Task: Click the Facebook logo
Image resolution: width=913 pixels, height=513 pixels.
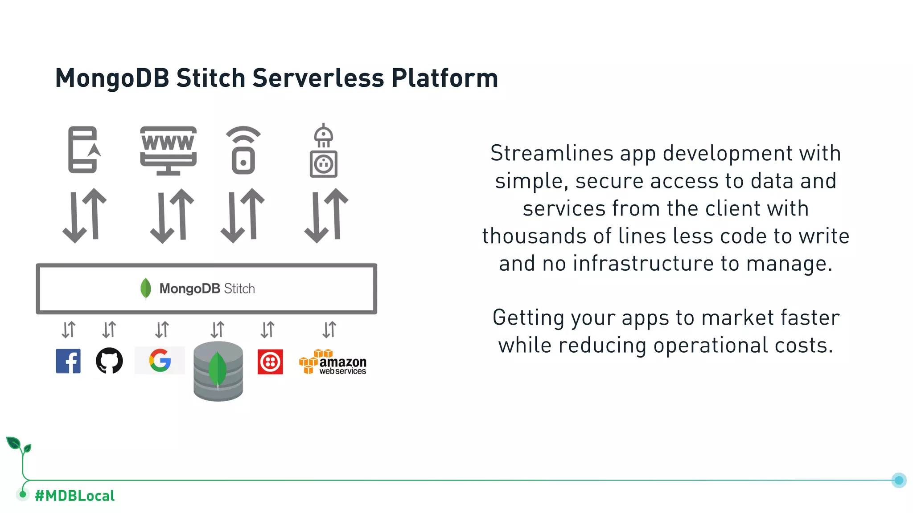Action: (68, 361)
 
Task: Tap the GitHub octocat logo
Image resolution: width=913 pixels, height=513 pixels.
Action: (109, 361)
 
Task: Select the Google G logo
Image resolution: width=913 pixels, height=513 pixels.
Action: (160, 360)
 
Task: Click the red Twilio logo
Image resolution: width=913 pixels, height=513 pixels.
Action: (270, 362)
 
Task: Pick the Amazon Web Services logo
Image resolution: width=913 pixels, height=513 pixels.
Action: (333, 362)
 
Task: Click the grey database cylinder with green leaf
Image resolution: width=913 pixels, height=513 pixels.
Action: (218, 371)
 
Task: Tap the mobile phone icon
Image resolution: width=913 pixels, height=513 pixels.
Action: (83, 150)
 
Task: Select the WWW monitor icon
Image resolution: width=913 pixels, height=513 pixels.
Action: (168, 151)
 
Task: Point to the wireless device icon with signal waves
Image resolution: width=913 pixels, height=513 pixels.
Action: (243, 151)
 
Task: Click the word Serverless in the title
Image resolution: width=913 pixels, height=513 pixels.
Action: (318, 78)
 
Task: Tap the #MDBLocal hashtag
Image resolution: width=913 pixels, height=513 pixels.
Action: (74, 496)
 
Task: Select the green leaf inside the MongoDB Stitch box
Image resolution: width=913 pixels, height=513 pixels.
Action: (145, 289)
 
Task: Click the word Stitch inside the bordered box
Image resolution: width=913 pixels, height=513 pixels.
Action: (239, 289)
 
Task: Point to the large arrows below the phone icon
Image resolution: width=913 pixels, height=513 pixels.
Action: (85, 216)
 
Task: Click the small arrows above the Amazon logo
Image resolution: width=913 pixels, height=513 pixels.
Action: (329, 330)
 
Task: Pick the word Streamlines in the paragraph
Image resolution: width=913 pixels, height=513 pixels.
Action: (551, 153)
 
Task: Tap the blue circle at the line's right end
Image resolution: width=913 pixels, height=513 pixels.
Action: (899, 480)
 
